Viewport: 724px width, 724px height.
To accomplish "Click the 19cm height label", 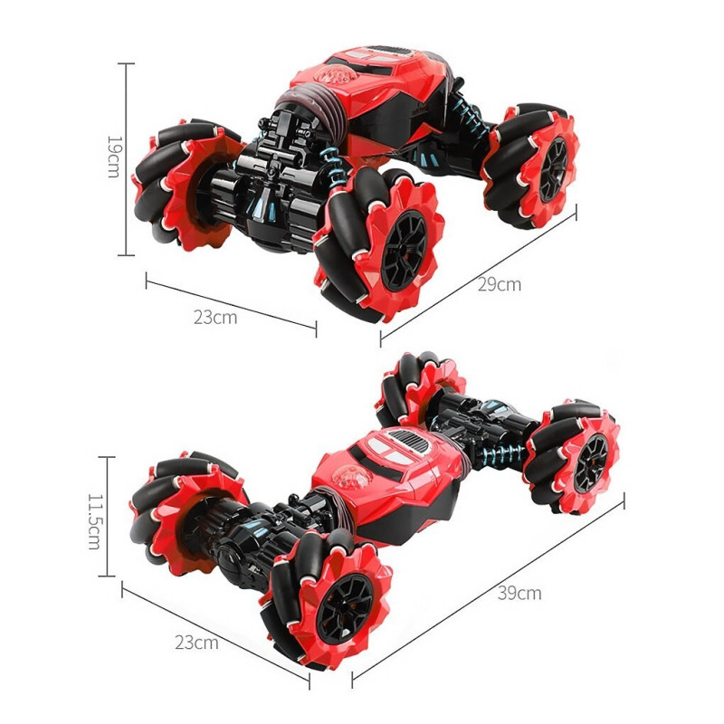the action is [114, 157].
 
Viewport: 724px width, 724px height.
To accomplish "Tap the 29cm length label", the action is [500, 284].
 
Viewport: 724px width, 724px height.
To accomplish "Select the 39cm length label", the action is [519, 594].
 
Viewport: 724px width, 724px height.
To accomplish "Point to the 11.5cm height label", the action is [94, 522].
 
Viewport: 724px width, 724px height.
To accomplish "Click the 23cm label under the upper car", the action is [215, 318].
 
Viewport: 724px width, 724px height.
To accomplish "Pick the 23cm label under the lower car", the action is [196, 643].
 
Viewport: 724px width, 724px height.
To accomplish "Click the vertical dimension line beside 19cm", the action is [126, 159].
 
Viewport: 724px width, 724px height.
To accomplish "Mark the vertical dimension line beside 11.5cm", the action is [107, 516].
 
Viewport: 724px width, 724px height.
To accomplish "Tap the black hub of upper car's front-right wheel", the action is [405, 252].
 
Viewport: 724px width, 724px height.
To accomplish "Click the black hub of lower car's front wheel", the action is [345, 608].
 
